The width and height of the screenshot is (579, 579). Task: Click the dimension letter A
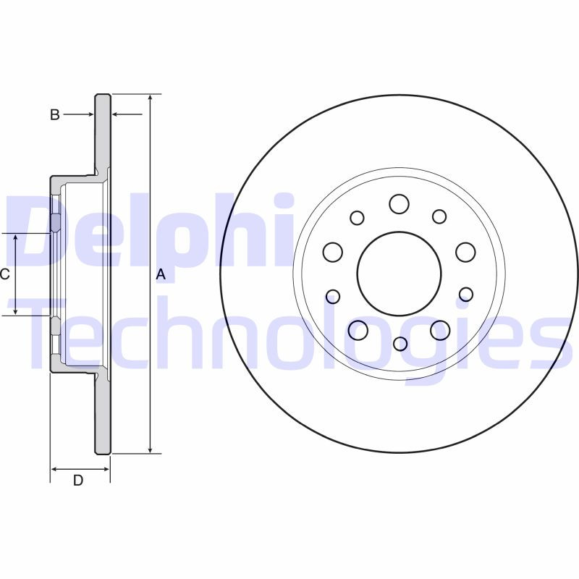[x=161, y=274]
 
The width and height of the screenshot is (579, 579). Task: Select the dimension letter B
[x=54, y=114]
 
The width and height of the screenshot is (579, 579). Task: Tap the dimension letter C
[x=4, y=274]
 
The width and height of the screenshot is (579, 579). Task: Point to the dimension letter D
[x=78, y=481]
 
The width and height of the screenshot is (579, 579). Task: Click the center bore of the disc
[x=399, y=273]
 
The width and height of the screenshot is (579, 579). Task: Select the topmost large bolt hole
[x=399, y=204]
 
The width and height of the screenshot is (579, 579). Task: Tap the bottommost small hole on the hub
[x=400, y=343]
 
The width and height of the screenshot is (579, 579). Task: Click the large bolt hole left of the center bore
[x=333, y=252]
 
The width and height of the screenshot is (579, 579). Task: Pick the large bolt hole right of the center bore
[x=465, y=252]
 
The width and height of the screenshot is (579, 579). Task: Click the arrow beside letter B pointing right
[x=90, y=114]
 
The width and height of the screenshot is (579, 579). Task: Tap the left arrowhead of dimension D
[x=54, y=469]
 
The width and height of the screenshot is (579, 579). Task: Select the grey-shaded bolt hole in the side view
[x=56, y=223]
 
